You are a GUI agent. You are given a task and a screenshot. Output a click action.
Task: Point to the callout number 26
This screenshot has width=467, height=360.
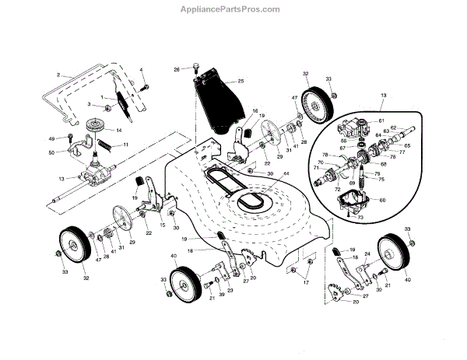point(177,70)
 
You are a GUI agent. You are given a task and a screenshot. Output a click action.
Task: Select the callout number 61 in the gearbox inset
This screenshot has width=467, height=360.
point(382,121)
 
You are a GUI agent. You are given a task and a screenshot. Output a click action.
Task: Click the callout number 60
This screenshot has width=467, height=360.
point(381,201)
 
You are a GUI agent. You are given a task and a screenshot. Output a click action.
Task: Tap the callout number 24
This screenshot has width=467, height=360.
point(367,254)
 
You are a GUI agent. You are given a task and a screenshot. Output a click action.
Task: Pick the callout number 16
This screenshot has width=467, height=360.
point(254,111)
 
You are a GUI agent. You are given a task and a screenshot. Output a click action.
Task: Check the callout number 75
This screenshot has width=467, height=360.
point(381,179)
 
